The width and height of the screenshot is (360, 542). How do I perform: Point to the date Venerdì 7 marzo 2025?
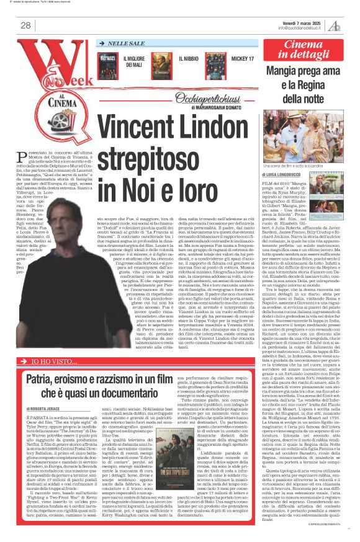[x=305, y=22]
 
